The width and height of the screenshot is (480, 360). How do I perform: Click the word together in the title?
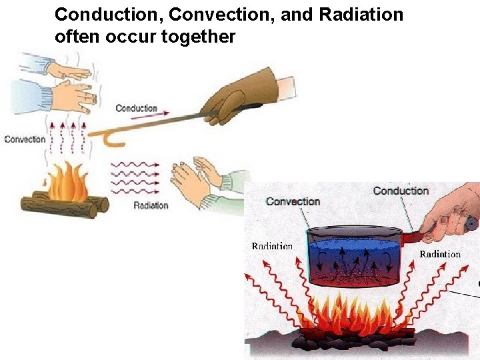(x=198, y=37)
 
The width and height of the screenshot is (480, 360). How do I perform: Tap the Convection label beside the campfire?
(x=25, y=139)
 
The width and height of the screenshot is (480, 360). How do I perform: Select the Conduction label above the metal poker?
(x=136, y=108)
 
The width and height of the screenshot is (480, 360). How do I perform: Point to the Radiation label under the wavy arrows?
(x=151, y=205)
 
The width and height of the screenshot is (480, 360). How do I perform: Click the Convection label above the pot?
(x=293, y=201)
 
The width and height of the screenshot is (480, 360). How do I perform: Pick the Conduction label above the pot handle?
(x=400, y=191)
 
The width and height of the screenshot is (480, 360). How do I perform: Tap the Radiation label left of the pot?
(x=272, y=246)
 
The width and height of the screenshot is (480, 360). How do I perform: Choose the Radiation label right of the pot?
(x=439, y=253)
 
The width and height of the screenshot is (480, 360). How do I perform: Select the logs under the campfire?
(x=63, y=203)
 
